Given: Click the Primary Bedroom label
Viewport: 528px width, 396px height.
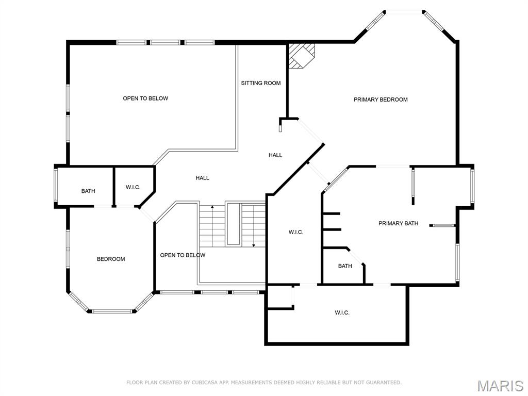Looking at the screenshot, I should tap(381, 100).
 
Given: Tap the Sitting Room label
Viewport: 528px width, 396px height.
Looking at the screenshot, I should tap(261, 83).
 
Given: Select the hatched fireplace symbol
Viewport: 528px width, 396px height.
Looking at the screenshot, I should tap(301, 55).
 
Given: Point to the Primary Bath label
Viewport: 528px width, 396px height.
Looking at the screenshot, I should tap(398, 223).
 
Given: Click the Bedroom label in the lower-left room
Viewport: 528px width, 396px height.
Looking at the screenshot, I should tap(111, 259).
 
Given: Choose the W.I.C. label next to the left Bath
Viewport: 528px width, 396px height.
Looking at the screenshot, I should tap(133, 187).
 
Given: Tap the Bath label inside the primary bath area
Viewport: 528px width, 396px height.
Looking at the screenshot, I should tap(345, 266).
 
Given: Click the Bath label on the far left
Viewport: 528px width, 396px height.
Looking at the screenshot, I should tap(88, 191).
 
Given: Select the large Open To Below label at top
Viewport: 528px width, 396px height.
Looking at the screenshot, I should tap(145, 98).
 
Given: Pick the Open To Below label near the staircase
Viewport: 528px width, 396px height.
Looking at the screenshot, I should tap(183, 255).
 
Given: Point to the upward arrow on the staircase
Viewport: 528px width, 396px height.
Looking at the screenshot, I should tap(212, 209).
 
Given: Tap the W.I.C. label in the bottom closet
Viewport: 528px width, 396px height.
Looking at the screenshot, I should tap(342, 312).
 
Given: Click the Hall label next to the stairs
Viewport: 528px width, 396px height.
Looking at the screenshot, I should tap(202, 178).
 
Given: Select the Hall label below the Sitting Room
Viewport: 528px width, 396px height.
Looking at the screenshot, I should tap(275, 155).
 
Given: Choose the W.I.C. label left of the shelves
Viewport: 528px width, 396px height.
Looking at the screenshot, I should tap(295, 232).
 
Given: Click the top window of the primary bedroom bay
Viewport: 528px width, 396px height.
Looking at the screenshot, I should tap(405, 11).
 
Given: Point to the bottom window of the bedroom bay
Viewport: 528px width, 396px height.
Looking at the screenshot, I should tap(112, 311).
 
